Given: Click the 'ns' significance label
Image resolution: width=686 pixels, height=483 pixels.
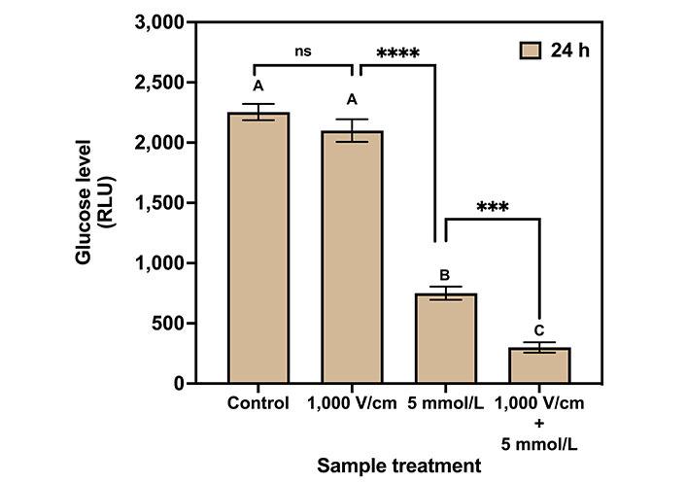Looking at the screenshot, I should (304, 52).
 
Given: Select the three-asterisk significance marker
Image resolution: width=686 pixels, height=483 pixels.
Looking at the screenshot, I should (493, 207).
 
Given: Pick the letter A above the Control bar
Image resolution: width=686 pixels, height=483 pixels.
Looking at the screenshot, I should (258, 86).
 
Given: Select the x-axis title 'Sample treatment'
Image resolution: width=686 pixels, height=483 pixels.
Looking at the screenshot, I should (398, 466).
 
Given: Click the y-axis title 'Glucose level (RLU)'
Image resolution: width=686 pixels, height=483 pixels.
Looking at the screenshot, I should (93, 202).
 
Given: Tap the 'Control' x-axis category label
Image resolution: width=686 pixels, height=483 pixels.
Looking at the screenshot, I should (257, 403).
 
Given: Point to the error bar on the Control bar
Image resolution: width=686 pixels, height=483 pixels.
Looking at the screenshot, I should (258, 112).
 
